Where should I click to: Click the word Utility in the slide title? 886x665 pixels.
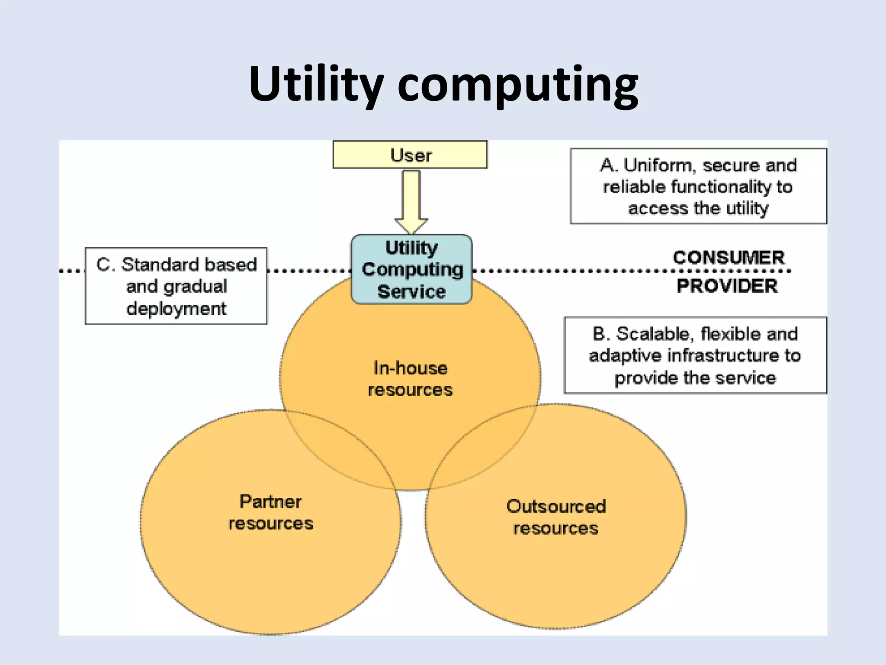[316, 84]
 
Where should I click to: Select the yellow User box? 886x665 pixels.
[410, 155]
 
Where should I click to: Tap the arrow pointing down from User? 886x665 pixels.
[411, 201]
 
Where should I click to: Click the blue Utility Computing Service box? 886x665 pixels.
[411, 269]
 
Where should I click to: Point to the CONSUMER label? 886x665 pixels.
[729, 258]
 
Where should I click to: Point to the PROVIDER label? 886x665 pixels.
[727, 286]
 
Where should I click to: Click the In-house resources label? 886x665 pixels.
[410, 379]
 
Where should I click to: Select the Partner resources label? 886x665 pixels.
[271, 512]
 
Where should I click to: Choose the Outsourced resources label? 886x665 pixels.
[556, 517]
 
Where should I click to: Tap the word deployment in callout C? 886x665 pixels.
[176, 309]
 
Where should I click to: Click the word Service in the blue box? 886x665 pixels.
[411, 291]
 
